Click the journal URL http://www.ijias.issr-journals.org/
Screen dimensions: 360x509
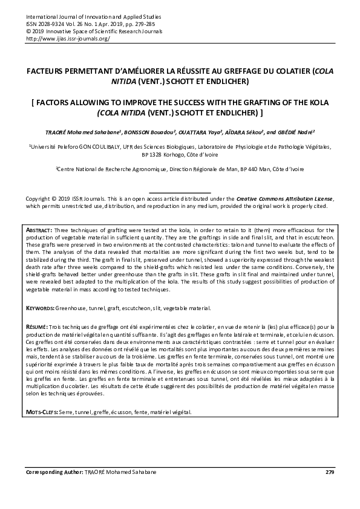tap(67, 39)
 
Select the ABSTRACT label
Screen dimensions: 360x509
tap(39, 231)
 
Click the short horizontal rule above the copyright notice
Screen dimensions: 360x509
tap(180, 192)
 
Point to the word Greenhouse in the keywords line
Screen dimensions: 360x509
tap(75, 308)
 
